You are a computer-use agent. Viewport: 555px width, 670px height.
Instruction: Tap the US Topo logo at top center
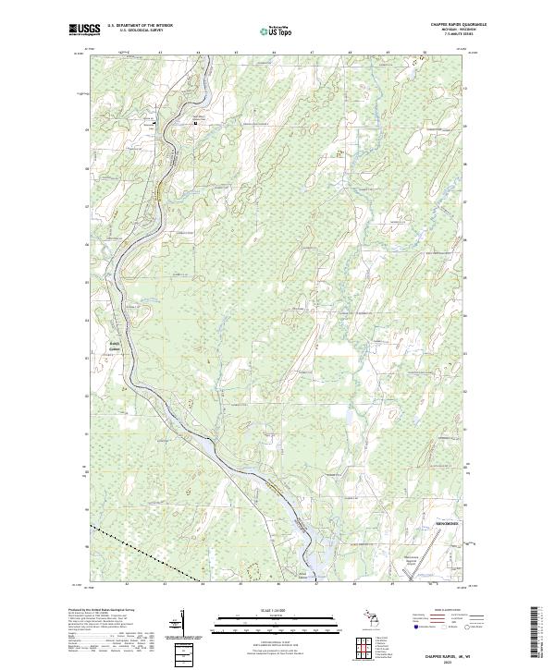277,30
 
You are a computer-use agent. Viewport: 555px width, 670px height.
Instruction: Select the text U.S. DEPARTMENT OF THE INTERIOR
140,26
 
